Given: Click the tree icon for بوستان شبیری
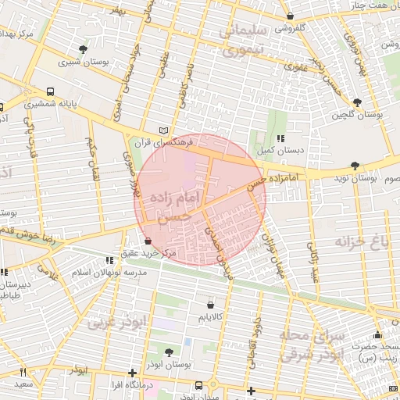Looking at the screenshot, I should pyautogui.click(x=84, y=48).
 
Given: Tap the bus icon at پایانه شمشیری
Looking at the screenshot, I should pyautogui.click(x=50, y=91).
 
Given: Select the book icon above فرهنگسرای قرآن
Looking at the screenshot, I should pyautogui.click(x=162, y=130).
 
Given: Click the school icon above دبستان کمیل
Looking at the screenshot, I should pyautogui.click(x=280, y=138).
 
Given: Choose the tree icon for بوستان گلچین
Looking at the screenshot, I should pyautogui.click(x=358, y=102).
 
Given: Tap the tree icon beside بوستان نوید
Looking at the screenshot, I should pyautogui.click(x=355, y=166).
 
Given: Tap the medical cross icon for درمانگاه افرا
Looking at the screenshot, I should pyautogui.click(x=132, y=373).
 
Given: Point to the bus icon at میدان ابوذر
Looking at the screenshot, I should pyautogui.click(x=200, y=385).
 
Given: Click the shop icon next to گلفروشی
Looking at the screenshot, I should pyautogui.click(x=291, y=16).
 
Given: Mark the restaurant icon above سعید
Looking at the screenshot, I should pyautogui.click(x=23, y=372).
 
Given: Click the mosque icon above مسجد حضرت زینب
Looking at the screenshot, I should pyautogui.click(x=378, y=335).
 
